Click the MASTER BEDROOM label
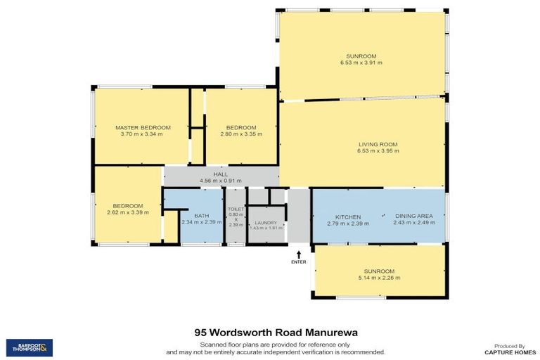coord(141,127)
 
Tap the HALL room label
coord(221,174)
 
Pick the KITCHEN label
coord(348,216)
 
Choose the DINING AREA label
coord(414,216)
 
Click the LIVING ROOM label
coord(378,144)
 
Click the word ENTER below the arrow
coord(300,262)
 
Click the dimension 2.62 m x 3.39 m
coord(129,212)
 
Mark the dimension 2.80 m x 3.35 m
coord(241,134)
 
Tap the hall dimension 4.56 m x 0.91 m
coord(221,181)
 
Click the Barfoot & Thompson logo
coord(29,347)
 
